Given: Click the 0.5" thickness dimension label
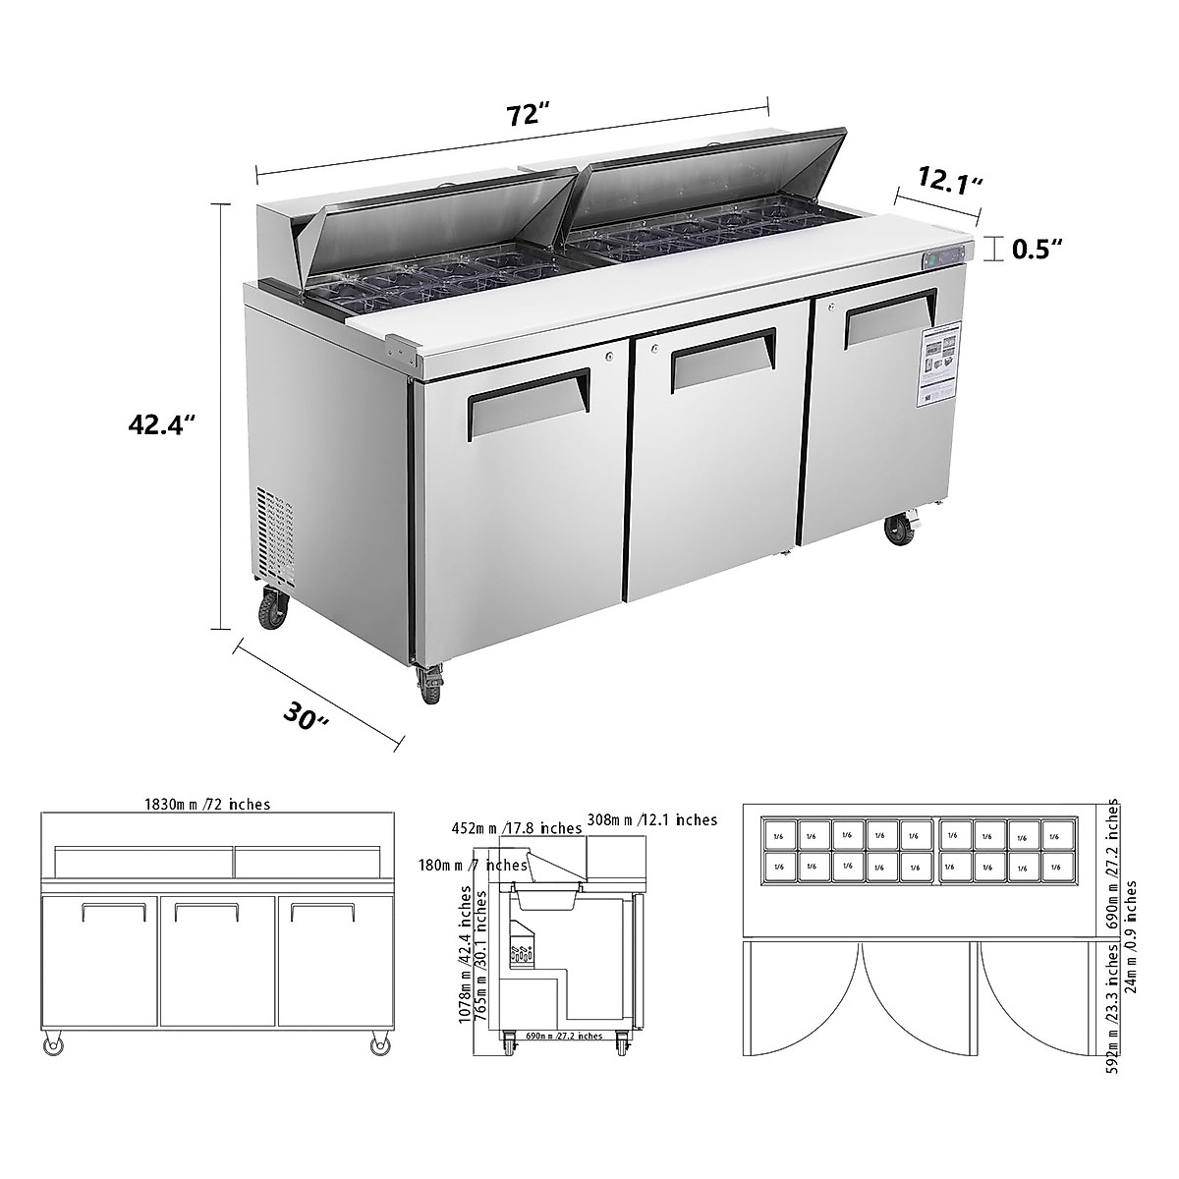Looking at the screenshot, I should tap(1038, 249).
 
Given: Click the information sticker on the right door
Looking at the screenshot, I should tap(941, 360).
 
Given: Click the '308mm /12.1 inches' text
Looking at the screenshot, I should tap(652, 819).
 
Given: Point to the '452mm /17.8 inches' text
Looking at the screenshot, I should tap(516, 828).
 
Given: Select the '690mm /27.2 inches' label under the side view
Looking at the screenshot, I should tap(564, 1036).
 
